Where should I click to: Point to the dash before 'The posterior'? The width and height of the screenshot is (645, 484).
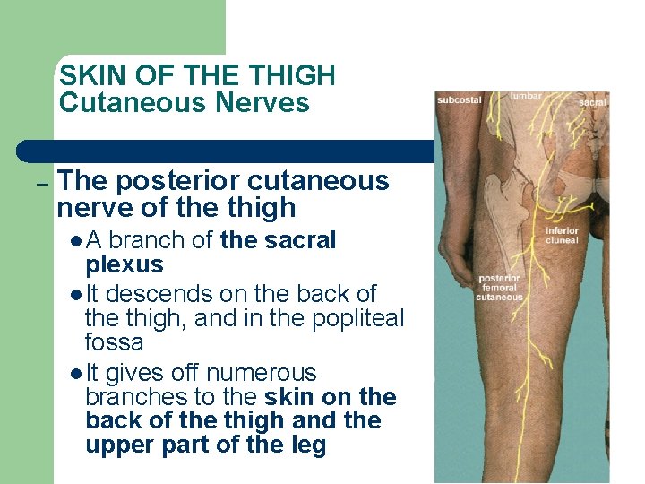41,183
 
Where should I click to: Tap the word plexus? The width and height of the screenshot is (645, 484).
125,264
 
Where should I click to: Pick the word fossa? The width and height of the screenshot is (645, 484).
114,342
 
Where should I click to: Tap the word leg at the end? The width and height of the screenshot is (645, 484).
307,445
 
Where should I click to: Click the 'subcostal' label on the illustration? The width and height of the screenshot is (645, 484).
460,99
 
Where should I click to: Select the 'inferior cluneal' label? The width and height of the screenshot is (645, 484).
563,236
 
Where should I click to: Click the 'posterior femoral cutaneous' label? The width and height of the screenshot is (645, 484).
500,288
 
